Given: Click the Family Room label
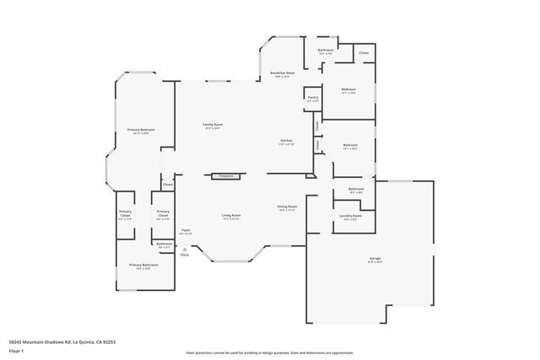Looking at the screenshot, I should pyautogui.click(x=212, y=125).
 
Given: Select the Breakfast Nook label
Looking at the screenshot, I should pyautogui.click(x=283, y=73).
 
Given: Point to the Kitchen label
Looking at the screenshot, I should pyautogui.click(x=287, y=140).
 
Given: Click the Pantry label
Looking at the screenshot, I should pyautogui.click(x=312, y=98).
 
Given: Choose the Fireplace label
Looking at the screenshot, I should pyautogui.click(x=225, y=176).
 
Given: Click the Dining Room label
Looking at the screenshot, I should pyautogui.click(x=288, y=207).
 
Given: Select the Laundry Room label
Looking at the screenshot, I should pyautogui.click(x=350, y=216).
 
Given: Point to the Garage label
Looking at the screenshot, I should pyautogui.click(x=375, y=259).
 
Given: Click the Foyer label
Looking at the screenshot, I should pyautogui.click(x=186, y=229).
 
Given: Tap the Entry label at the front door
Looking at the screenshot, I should pyautogui.click(x=185, y=253).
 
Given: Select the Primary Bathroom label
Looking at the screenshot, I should pyautogui.click(x=143, y=265).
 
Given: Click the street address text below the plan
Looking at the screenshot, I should pyautogui.click(x=62, y=341).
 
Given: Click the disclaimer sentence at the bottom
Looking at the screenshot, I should pyautogui.click(x=269, y=353).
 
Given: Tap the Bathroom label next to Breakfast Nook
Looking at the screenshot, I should pyautogui.click(x=326, y=50).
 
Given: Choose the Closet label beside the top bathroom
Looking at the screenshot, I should pyautogui.click(x=364, y=53).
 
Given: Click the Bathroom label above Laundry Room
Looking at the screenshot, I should pyautogui.click(x=356, y=189).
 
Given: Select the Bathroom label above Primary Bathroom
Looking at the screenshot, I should pyautogui.click(x=164, y=244).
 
